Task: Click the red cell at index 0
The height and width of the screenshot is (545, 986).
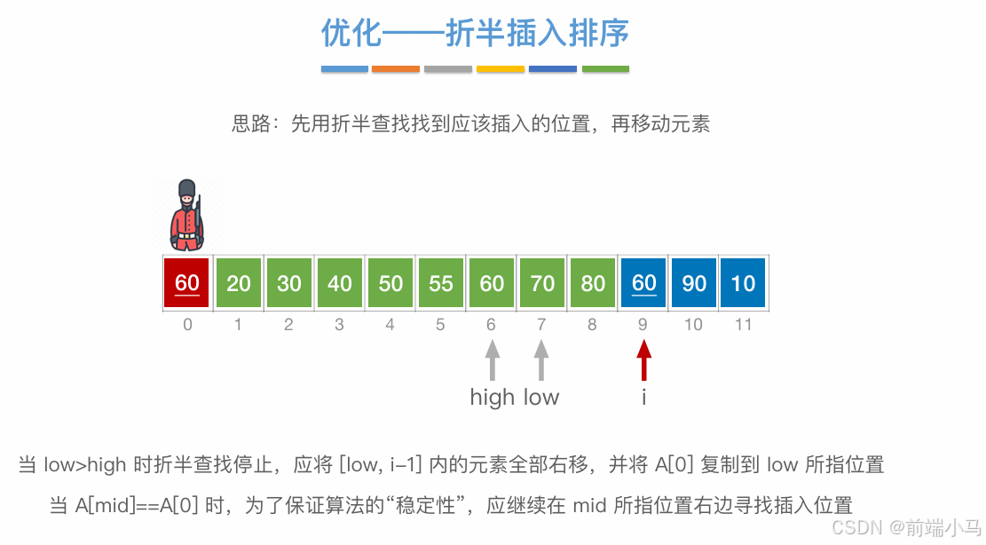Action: tap(187, 283)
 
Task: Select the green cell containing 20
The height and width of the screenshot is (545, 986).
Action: tap(238, 283)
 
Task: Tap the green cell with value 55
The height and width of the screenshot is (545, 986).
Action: tap(441, 283)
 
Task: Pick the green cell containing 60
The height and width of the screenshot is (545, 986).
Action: tap(492, 283)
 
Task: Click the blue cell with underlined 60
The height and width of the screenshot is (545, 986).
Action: tap(643, 283)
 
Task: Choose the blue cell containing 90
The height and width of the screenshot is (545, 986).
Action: tap(694, 283)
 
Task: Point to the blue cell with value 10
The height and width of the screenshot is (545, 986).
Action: tap(743, 283)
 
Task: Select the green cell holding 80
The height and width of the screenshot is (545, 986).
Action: tap(593, 283)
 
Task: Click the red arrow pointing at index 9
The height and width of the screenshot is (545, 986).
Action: tap(643, 361)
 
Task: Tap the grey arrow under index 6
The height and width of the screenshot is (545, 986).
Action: tap(493, 361)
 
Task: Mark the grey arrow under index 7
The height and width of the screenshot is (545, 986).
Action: tap(540, 361)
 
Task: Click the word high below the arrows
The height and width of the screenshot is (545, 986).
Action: tap(493, 397)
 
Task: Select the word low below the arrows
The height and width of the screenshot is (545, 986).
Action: tap(541, 397)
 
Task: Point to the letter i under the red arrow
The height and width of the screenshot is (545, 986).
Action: tap(643, 397)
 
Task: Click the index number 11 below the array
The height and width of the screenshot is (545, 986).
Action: tap(743, 325)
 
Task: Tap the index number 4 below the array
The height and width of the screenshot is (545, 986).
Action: tap(390, 325)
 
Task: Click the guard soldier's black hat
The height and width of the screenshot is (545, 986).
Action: tap(186, 190)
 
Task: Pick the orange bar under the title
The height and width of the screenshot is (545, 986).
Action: tap(396, 68)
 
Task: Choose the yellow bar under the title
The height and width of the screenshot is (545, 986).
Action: tap(501, 68)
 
